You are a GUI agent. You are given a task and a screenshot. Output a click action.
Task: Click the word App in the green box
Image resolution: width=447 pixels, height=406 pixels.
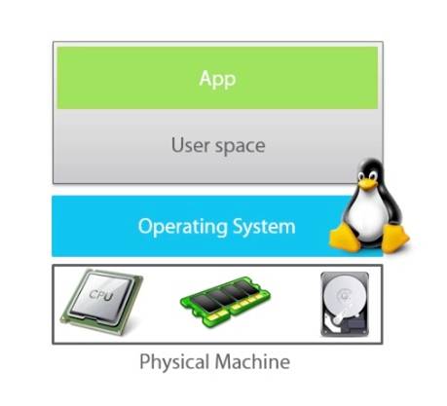point(217,79)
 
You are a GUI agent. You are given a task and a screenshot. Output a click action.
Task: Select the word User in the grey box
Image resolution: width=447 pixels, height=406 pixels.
point(190,145)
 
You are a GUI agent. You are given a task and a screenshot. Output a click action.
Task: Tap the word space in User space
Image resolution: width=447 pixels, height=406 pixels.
point(241,147)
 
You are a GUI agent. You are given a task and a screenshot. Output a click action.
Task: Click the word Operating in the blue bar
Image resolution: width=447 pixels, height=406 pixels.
point(182,227)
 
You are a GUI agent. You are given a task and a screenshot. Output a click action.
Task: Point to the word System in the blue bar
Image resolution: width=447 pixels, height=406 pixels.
point(264,227)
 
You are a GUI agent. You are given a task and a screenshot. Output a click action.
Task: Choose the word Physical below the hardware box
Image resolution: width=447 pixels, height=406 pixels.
point(174,362)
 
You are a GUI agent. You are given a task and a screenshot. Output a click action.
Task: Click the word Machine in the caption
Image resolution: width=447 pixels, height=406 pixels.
point(252,361)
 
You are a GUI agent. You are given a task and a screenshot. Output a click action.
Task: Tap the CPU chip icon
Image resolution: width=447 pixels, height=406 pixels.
point(101,302)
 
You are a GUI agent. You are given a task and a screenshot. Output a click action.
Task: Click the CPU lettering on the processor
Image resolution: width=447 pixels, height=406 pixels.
point(100,296)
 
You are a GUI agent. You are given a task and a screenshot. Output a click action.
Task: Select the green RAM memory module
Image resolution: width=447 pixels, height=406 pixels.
point(225,302)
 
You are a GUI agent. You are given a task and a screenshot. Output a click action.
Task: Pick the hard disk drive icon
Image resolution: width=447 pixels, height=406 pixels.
point(345,305)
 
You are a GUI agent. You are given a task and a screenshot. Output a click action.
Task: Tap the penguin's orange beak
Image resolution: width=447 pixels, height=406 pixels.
point(367,184)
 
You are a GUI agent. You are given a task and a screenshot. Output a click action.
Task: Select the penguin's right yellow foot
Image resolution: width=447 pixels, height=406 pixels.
point(394,239)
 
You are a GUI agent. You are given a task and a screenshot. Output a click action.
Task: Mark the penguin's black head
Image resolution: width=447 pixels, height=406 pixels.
point(371,173)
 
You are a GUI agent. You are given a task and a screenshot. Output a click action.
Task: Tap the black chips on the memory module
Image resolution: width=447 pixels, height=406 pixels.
point(223,295)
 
